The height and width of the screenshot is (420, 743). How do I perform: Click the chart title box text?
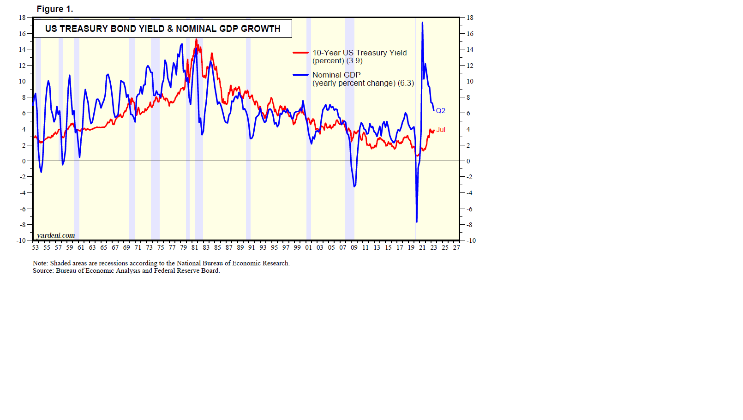[162, 29]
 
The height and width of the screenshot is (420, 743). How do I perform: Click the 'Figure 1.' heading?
[54, 9]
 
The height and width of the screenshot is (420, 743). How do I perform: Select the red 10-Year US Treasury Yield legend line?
[300, 53]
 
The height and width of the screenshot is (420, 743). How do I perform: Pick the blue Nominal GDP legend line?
[300, 75]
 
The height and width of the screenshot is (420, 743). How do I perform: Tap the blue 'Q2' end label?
[441, 111]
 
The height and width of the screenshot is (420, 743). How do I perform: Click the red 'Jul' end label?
[441, 130]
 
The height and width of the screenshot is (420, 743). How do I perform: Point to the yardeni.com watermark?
[56, 235]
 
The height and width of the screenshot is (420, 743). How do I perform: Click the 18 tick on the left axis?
[22, 18]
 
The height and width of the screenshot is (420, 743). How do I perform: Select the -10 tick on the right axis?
[471, 240]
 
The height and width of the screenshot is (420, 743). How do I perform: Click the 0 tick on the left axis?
[24, 161]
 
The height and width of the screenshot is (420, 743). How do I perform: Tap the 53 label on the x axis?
[36, 247]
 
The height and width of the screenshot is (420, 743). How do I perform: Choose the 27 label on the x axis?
[456, 247]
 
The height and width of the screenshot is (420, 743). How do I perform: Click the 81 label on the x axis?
[195, 247]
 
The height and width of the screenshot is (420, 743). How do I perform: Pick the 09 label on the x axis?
[354, 247]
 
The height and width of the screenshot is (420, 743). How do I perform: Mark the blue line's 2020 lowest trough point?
[417, 222]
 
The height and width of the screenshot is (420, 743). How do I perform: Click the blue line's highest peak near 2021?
[422, 22]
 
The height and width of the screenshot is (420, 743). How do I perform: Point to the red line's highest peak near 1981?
[196, 39]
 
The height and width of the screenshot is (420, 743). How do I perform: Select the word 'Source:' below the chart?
[43, 270]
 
